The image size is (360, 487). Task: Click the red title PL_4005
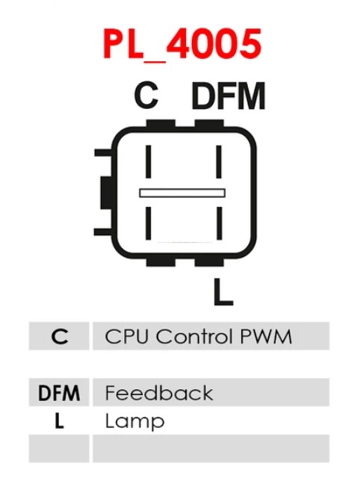pos(182,44)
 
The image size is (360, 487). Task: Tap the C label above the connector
pos(146,95)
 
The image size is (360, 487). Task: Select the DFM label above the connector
pos(229,96)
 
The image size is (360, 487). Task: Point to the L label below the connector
pos(223,291)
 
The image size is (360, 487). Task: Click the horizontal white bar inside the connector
pos(182,193)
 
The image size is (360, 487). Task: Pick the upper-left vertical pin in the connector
pos(148,161)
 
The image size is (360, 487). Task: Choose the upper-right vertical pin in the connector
pos(219,161)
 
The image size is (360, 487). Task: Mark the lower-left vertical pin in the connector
pos(148,223)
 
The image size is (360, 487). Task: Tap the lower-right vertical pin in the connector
pos(220,223)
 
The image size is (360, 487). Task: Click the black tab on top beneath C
pos(161,123)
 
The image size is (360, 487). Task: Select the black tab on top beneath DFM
pos(209,123)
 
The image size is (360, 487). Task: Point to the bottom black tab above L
pos(209,262)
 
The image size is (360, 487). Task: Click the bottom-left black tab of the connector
pos(161,262)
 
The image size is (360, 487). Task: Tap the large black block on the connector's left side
pos(106,193)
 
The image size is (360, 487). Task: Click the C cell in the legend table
pos(59,336)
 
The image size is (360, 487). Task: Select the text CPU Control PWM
pos(198,336)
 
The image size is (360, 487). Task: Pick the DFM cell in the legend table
pos(59,392)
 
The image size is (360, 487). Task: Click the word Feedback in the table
pos(159,393)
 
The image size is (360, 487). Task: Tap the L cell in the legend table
pos(59,421)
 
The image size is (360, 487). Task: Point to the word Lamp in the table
pos(134,421)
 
